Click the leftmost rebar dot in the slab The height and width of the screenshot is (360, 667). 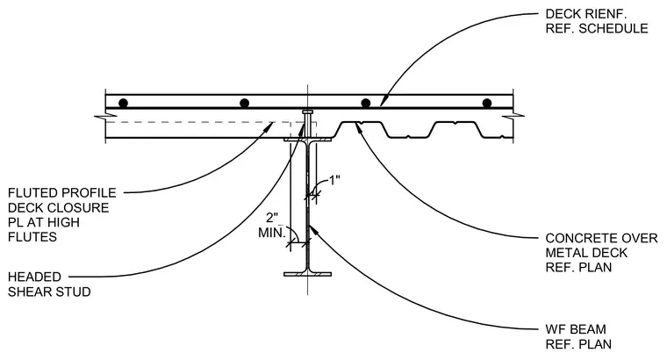coord(124,103)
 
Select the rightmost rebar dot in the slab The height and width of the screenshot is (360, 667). coord(487,103)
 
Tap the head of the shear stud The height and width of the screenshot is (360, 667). coord(307,112)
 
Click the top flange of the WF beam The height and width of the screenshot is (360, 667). coord(307,139)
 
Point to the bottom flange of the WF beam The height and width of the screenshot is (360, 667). coord(307,274)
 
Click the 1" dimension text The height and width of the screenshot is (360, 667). coord(334,180)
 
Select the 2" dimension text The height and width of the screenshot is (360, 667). coord(272,218)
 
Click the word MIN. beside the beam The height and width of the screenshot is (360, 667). coord(272,233)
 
